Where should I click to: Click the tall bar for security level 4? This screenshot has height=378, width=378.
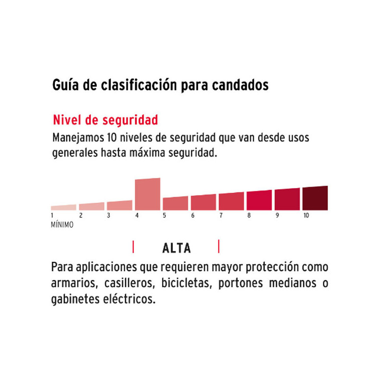point(147,194)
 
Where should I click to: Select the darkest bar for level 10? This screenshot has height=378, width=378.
point(315,198)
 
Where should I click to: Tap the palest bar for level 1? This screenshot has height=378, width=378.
point(63,207)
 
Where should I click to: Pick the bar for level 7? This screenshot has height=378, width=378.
point(231,201)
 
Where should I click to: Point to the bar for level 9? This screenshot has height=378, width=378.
point(287,199)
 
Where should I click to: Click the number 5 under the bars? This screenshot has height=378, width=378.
point(164,216)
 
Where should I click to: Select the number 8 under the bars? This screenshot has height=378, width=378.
point(249,216)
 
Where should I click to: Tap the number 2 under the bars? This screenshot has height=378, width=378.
point(81,216)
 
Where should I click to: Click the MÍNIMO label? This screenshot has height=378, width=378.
point(62,225)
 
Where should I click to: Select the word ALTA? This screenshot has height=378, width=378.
point(176,248)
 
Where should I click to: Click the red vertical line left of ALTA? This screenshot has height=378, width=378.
point(133,247)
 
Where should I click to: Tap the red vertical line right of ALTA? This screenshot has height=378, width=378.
point(218,247)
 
